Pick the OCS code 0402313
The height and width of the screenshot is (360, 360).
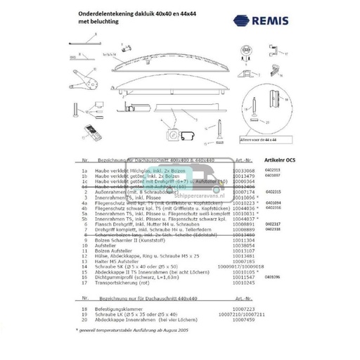[273, 169]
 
